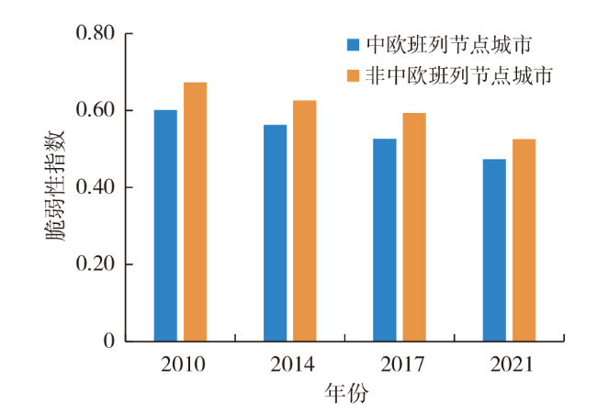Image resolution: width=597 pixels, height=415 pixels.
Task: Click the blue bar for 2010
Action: click(165, 226)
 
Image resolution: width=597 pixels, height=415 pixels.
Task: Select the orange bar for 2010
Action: click(195, 212)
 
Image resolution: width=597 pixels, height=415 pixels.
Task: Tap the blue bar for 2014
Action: click(275, 233)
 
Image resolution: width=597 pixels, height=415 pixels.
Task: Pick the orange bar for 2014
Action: click(304, 221)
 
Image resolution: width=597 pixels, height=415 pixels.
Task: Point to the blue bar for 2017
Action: click(385, 241)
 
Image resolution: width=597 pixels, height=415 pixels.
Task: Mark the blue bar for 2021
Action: click(494, 251)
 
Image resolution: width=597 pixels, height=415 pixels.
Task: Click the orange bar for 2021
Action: click(524, 241)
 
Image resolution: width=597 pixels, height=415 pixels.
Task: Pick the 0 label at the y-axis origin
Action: click(107, 342)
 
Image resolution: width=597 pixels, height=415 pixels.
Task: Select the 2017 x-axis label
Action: click(401, 365)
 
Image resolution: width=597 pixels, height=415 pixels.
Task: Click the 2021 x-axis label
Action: click(511, 365)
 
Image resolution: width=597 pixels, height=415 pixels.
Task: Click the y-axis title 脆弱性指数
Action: click(57, 187)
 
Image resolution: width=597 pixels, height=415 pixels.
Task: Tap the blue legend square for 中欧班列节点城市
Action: click(353, 44)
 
